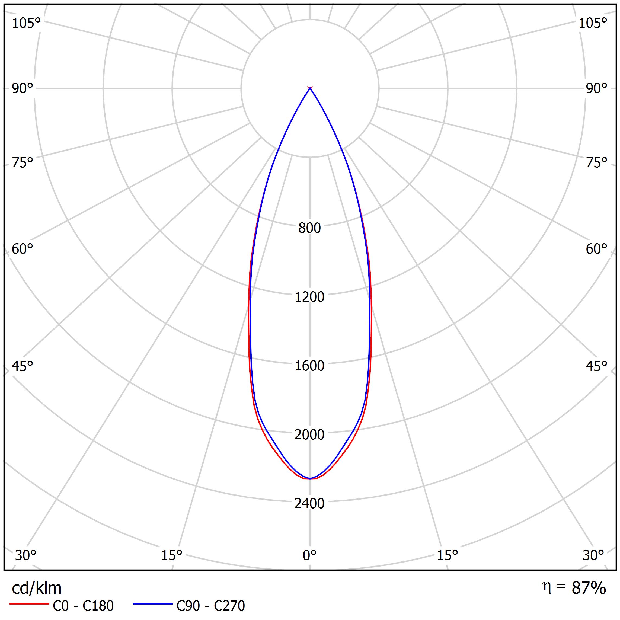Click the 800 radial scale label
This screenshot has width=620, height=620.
(309, 228)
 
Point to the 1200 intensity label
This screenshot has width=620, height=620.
(309, 297)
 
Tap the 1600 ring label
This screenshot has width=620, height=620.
(309, 366)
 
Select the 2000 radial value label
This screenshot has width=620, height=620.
(309, 435)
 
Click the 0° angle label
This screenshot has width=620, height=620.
(310, 555)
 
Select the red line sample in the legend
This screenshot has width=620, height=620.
(29, 604)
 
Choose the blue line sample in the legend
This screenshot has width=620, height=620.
(153, 604)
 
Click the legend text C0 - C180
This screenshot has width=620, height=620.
(83, 606)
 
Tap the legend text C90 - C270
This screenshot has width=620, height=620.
(210, 606)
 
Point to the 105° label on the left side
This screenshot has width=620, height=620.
(26, 23)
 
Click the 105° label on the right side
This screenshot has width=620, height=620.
(593, 23)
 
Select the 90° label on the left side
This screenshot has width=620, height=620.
(23, 89)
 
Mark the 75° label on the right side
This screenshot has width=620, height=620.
(596, 163)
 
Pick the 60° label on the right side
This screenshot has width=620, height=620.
(596, 249)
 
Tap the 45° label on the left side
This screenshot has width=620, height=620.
(23, 366)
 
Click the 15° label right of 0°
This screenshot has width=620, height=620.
(447, 555)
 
